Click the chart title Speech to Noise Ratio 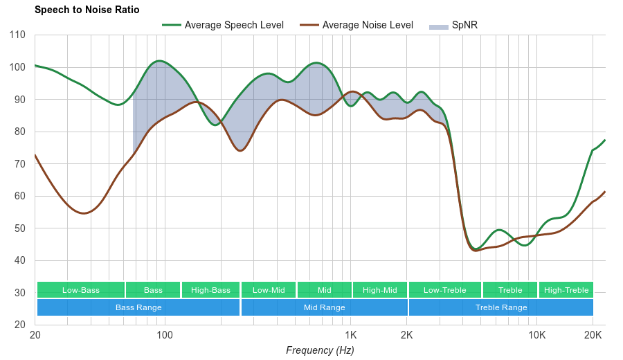point(87,10)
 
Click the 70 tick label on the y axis point(18,164)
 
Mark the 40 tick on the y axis point(18,261)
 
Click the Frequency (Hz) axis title point(320,350)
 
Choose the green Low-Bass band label point(81,290)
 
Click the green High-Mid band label point(380,290)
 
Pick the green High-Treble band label point(566,290)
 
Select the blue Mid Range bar point(324,307)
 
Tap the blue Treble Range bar point(501,307)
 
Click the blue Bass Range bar point(138,307)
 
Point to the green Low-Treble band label point(445,290)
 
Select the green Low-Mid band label point(269,290)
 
